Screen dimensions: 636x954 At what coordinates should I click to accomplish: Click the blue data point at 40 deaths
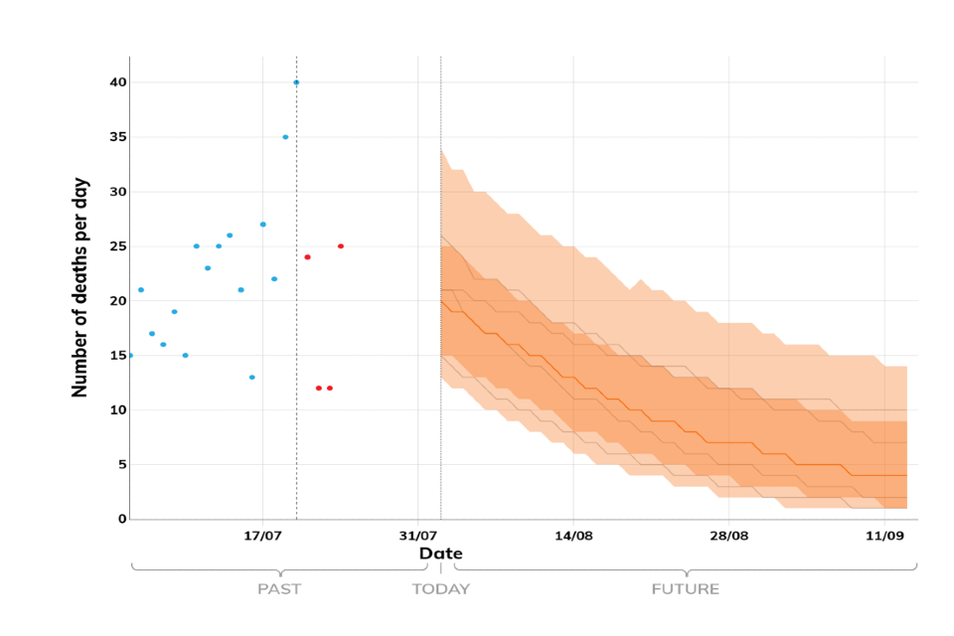(296, 82)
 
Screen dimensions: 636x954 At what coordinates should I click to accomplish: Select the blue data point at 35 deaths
(285, 137)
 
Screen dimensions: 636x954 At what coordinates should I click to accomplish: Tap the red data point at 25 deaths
(341, 245)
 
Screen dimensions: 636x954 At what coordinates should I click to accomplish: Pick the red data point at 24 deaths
(308, 257)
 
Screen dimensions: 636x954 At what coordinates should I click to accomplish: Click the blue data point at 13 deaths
(252, 378)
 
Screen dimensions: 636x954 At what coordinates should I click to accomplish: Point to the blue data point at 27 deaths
(263, 225)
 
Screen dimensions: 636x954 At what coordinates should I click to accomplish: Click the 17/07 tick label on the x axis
(262, 536)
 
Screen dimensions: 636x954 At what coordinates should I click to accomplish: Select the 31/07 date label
(418, 536)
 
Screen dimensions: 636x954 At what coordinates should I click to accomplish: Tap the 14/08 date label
(573, 536)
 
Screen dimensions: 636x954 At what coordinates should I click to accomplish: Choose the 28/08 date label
(728, 536)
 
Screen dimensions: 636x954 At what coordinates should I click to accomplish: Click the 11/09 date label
(883, 536)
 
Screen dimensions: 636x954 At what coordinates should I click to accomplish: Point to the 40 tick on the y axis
(118, 82)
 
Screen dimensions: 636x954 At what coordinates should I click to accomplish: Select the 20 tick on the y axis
(118, 301)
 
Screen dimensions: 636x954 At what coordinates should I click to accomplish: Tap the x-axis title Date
(440, 554)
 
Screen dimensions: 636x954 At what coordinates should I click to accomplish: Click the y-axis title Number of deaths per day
(80, 288)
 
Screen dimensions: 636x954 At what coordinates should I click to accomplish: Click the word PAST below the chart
(279, 588)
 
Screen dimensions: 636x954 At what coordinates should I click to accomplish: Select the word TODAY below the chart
(441, 588)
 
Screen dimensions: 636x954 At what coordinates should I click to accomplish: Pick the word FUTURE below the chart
(685, 588)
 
